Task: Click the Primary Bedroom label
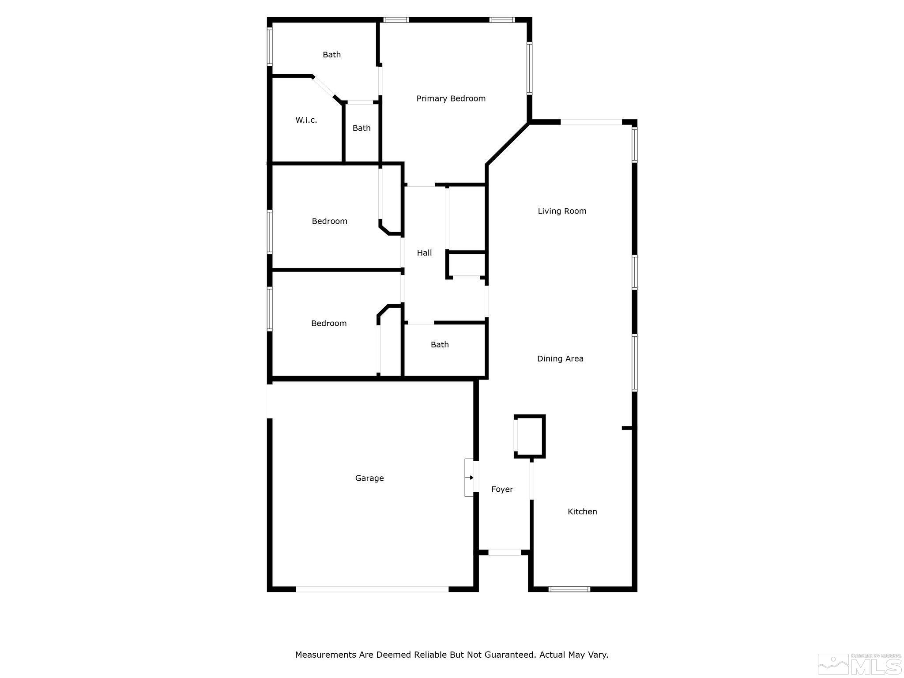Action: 451,98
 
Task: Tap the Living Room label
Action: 562,211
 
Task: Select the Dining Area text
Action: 560,359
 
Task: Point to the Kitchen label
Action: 582,512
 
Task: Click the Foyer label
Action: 502,489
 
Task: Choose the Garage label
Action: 369,478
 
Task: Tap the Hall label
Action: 424,253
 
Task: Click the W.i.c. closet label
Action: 306,120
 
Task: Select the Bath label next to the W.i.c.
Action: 362,128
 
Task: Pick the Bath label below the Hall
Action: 440,345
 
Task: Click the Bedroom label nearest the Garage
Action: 329,324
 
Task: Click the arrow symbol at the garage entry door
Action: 471,478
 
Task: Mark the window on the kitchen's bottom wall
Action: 569,589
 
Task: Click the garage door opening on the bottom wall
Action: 372,589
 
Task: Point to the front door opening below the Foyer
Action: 505,552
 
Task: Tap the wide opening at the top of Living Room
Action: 591,122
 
